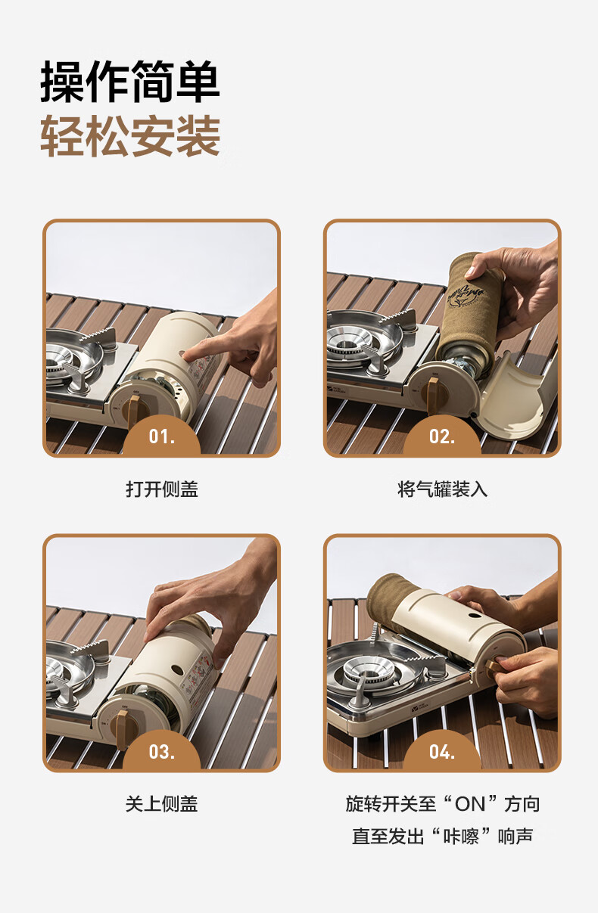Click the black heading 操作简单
[130, 82]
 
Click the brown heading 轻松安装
[130, 135]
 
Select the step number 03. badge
[161, 752]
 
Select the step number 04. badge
[442, 752]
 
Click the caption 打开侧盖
[162, 489]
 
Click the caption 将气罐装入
[443, 489]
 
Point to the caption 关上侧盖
[162, 804]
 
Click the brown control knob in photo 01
[132, 411]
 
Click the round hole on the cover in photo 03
[177, 669]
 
